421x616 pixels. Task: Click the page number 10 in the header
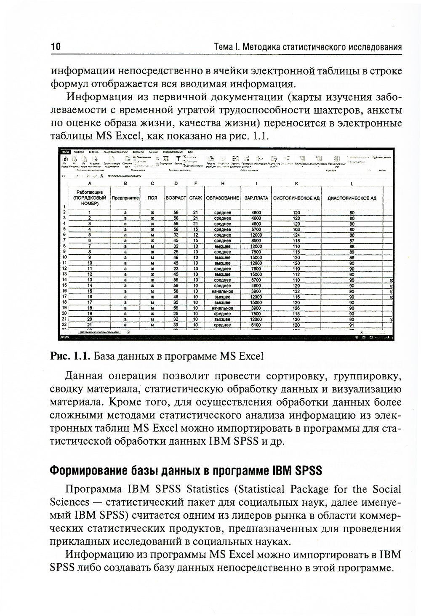click(x=56, y=46)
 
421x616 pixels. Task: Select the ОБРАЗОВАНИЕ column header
click(x=222, y=197)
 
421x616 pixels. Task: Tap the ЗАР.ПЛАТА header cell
click(x=256, y=197)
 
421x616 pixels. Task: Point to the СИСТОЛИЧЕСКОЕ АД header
click(x=296, y=197)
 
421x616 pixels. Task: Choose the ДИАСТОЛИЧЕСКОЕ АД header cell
click(x=352, y=197)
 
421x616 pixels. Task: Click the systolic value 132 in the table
click(x=296, y=291)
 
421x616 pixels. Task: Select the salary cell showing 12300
click(x=256, y=297)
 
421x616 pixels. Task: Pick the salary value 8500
click(x=256, y=241)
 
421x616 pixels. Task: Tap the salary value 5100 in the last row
click(x=256, y=325)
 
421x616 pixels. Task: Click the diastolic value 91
click(x=352, y=325)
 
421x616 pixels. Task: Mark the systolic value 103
click(x=296, y=229)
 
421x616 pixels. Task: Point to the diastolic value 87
click(x=352, y=241)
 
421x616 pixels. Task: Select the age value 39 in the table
click(x=176, y=325)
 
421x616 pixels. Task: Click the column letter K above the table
click(x=296, y=183)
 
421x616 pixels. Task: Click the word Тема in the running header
click(x=223, y=46)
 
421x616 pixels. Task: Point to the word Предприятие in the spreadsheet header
click(x=125, y=197)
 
